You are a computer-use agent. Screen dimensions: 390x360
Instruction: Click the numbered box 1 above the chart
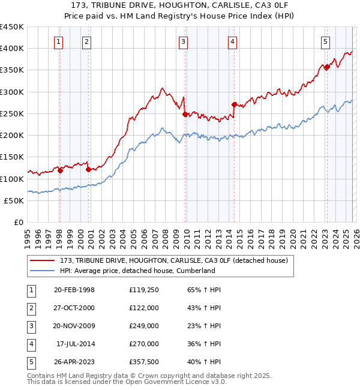point(59,41)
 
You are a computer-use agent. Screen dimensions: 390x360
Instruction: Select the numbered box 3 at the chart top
point(183,41)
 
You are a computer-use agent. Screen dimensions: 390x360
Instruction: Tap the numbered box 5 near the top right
point(325,41)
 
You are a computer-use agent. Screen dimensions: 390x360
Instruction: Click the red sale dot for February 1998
point(60,170)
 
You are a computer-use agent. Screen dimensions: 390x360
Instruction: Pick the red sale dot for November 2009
point(185,114)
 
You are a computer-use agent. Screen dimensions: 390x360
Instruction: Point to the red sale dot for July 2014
point(234,104)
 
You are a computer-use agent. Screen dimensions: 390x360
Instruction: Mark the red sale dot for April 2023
point(327,67)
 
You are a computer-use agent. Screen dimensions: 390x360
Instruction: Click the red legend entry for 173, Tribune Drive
point(174,260)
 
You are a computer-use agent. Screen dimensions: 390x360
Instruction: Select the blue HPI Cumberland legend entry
point(137,271)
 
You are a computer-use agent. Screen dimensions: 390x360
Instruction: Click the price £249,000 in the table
point(143,326)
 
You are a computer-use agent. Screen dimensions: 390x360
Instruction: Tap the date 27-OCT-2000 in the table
point(74,308)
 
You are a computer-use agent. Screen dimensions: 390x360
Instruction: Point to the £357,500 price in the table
point(143,362)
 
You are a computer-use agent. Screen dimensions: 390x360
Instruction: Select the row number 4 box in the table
point(30,344)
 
